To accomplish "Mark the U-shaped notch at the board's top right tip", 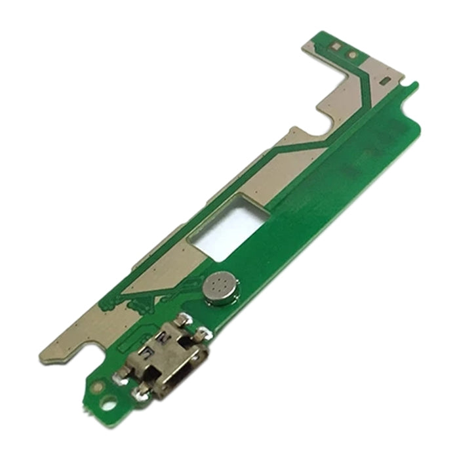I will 412,85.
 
